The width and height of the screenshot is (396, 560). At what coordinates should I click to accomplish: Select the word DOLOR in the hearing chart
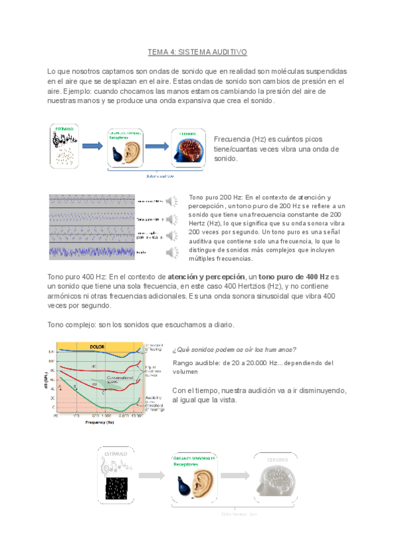point(97,346)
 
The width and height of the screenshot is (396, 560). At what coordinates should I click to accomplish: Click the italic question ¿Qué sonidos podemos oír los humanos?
point(234,349)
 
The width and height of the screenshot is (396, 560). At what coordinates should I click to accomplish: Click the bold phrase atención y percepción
point(206,275)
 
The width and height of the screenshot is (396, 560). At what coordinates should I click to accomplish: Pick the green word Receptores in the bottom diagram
point(187,464)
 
